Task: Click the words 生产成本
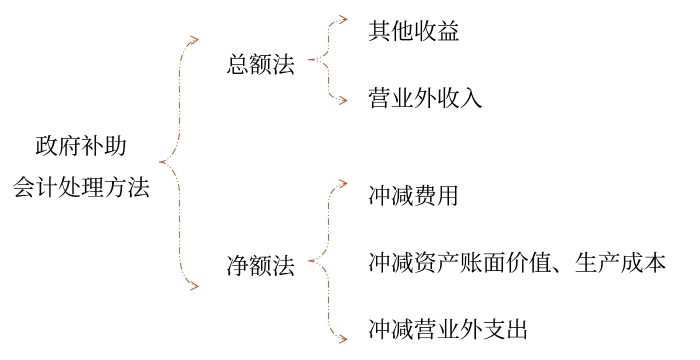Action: pyautogui.click(x=621, y=263)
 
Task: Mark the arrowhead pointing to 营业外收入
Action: pyautogui.click(x=342, y=100)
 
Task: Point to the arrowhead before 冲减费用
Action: pyautogui.click(x=342, y=184)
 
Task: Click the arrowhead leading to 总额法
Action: pyautogui.click(x=194, y=41)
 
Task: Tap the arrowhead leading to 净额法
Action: pyautogui.click(x=194, y=288)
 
